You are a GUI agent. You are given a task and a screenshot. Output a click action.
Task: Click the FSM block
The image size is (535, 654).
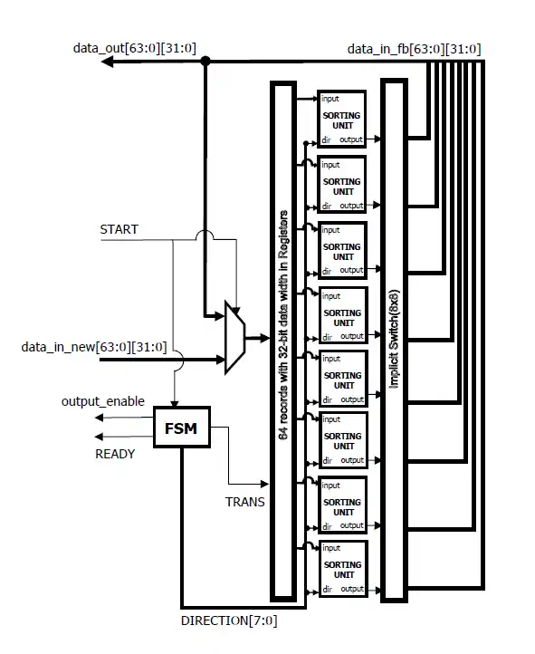181,427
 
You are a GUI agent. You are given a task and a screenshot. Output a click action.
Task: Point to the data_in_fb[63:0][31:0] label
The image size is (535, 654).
415,48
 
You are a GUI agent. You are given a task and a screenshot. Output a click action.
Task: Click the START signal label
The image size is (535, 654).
119,229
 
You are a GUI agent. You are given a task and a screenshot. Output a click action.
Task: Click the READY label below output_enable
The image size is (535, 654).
115,454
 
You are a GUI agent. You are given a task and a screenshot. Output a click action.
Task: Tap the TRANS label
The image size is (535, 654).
244,501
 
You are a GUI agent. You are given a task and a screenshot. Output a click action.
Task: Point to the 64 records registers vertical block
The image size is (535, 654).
282,340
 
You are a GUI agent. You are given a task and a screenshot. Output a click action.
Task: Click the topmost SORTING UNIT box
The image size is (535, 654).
341,118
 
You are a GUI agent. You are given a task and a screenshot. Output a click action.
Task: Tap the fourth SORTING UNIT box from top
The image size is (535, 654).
341,315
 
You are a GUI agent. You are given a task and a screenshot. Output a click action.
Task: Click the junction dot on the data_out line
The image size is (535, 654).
205,62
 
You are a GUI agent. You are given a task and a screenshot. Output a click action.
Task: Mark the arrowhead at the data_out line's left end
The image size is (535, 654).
107,62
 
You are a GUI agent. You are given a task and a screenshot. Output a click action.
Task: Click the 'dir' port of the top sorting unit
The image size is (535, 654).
326,139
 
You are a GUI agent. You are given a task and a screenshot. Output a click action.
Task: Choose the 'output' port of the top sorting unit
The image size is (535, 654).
351,139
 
